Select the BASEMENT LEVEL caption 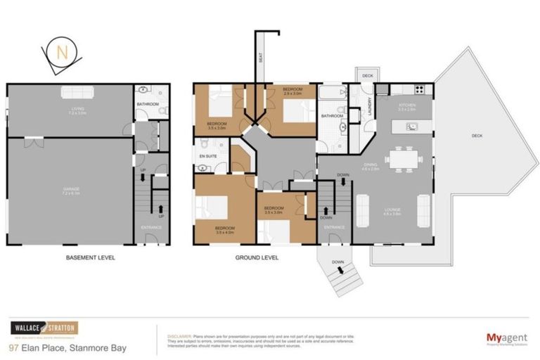click(x=90, y=257)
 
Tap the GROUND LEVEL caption click(x=257, y=257)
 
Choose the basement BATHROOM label click(x=148, y=105)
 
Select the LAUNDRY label click(x=368, y=105)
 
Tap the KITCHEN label click(x=407, y=105)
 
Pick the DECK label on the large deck click(x=478, y=136)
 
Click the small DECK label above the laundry click(x=367, y=75)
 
